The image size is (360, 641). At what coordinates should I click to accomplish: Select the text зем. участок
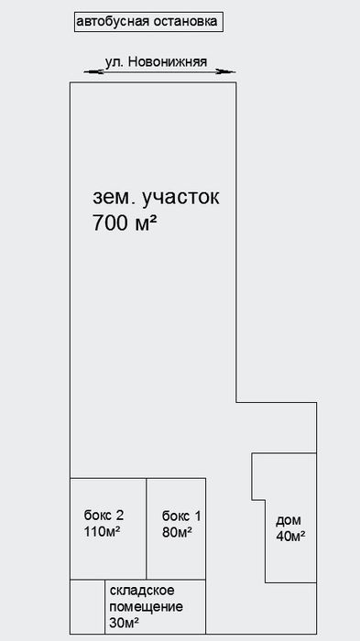[x=157, y=196]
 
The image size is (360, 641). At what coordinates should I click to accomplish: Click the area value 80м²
[x=177, y=532]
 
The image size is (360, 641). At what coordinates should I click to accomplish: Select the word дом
[x=289, y=520]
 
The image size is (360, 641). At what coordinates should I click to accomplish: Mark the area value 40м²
[x=290, y=537]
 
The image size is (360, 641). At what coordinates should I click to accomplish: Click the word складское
[x=142, y=591]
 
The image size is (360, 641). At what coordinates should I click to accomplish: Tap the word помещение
[x=147, y=607]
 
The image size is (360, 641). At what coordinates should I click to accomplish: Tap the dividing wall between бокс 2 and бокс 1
[x=147, y=527]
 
